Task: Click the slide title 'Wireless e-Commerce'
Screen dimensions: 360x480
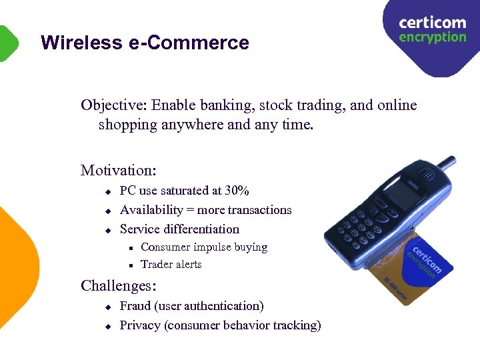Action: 145,43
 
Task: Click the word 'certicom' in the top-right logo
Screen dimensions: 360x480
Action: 432,23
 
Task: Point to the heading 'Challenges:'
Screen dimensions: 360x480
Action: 119,286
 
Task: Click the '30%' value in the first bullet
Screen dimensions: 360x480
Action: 237,191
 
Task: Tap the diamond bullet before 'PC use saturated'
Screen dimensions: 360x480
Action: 106,192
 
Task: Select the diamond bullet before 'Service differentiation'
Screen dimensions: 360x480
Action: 106,230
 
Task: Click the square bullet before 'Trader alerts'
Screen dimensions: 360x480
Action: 131,265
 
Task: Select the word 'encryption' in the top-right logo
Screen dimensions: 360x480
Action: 432,37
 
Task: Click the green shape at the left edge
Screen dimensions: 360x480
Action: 7,43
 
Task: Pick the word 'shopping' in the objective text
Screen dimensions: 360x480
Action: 127,125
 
